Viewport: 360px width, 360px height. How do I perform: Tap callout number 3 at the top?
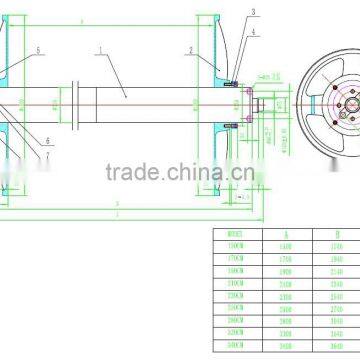(x=252, y=12)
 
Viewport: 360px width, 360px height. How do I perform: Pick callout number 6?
(x=47, y=141)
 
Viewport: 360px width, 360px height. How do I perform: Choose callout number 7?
(x=47, y=156)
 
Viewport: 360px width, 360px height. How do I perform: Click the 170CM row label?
(x=237, y=256)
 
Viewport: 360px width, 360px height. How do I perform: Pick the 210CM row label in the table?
(x=237, y=280)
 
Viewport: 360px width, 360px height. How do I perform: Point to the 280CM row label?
(x=237, y=316)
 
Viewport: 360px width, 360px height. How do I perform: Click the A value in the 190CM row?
(x=286, y=268)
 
